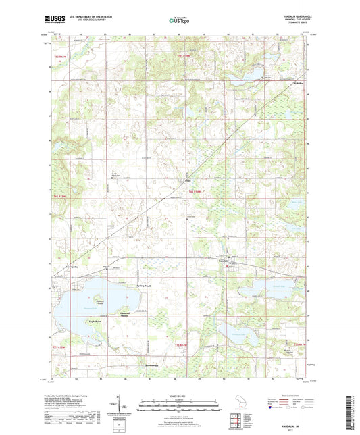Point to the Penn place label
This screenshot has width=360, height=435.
(x=189, y=180)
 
